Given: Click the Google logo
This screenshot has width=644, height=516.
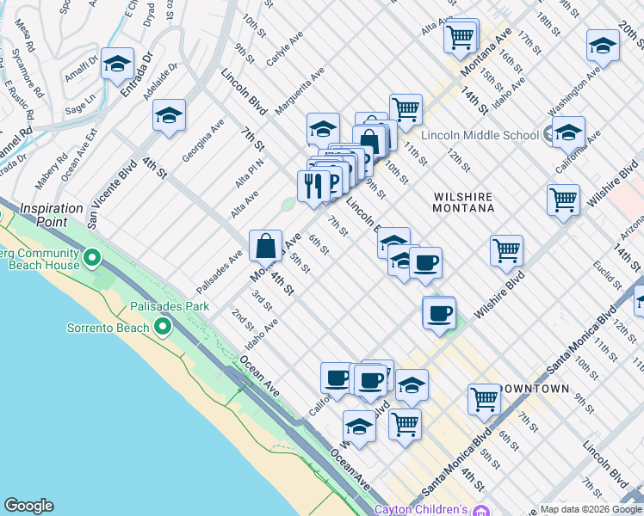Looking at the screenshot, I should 28,506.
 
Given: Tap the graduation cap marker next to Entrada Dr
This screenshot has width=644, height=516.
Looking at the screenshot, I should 117,63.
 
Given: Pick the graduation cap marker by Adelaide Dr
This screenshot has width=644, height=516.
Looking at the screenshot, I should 170,114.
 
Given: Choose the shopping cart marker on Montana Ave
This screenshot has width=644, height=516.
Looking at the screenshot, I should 461,36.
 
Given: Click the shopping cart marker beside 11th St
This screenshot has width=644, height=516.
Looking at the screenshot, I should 405,109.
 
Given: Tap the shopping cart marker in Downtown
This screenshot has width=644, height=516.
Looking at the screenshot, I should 484,398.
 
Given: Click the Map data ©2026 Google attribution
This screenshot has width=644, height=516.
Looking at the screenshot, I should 591,509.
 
